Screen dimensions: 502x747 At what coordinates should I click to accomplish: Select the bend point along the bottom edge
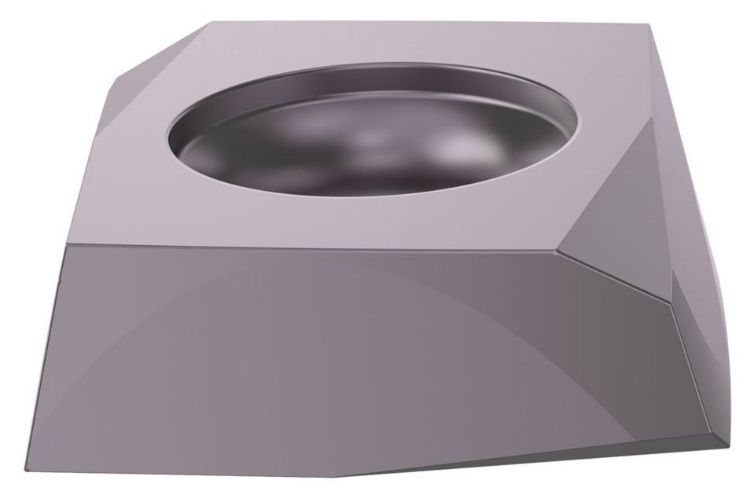point(338,476)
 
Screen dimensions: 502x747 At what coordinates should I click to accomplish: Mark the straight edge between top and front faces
point(315,247)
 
